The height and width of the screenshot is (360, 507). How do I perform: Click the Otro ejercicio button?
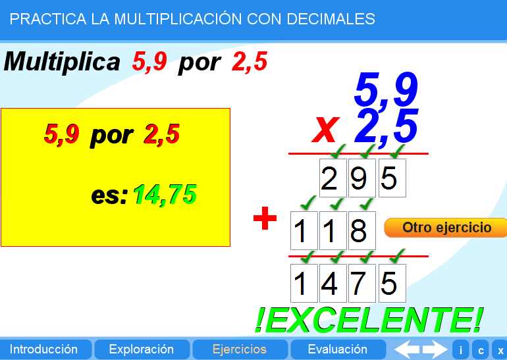pyautogui.click(x=446, y=228)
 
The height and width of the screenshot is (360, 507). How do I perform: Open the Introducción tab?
pyautogui.click(x=43, y=349)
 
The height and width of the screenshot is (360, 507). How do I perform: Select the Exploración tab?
pyautogui.click(x=141, y=349)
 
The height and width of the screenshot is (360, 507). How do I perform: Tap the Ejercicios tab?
pyautogui.click(x=239, y=349)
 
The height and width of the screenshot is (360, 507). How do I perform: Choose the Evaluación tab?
pyautogui.click(x=337, y=349)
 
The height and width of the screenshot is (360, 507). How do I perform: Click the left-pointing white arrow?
pyautogui.click(x=406, y=349)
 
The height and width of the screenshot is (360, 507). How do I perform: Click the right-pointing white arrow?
pyautogui.click(x=435, y=349)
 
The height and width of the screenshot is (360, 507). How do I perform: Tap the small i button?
pyautogui.click(x=460, y=350)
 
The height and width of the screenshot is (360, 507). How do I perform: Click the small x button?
pyautogui.click(x=500, y=350)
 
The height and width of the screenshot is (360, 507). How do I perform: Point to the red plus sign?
pyautogui.click(x=265, y=219)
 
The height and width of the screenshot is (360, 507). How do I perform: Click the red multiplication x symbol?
pyautogui.click(x=325, y=128)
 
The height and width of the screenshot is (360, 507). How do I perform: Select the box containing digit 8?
pyautogui.click(x=359, y=231)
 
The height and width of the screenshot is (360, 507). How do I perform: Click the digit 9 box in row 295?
pyautogui.click(x=359, y=178)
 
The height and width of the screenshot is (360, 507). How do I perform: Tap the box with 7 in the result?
pyautogui.click(x=359, y=284)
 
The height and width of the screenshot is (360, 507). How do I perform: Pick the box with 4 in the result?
pyautogui.click(x=331, y=284)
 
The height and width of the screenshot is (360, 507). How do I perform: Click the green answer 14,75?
pyautogui.click(x=165, y=194)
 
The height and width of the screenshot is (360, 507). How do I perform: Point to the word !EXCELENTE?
pyautogui.click(x=368, y=319)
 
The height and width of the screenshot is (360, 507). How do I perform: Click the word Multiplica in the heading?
pyautogui.click(x=62, y=62)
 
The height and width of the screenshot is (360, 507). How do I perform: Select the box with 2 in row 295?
pyautogui.click(x=331, y=178)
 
